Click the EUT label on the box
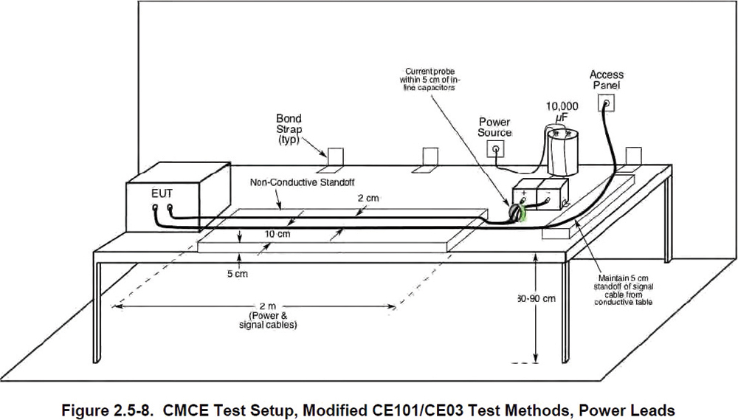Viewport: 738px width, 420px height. coord(162,193)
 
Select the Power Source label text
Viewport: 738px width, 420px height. coord(494,127)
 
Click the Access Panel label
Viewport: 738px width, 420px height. coord(607,80)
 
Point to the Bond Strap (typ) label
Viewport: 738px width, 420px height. coord(289,128)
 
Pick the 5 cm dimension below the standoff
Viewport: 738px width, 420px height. coord(235,273)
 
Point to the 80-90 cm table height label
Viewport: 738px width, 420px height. coord(537,299)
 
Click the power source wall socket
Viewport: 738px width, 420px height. coord(495,150)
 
